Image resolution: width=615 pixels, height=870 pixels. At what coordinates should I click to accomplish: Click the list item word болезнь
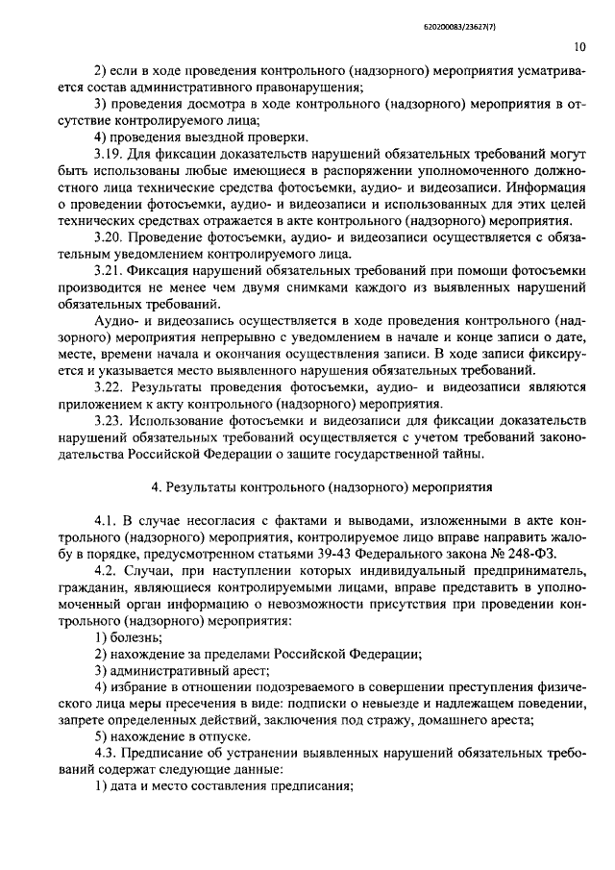click(x=137, y=638)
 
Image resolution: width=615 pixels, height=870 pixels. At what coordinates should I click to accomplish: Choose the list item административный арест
click(x=188, y=672)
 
